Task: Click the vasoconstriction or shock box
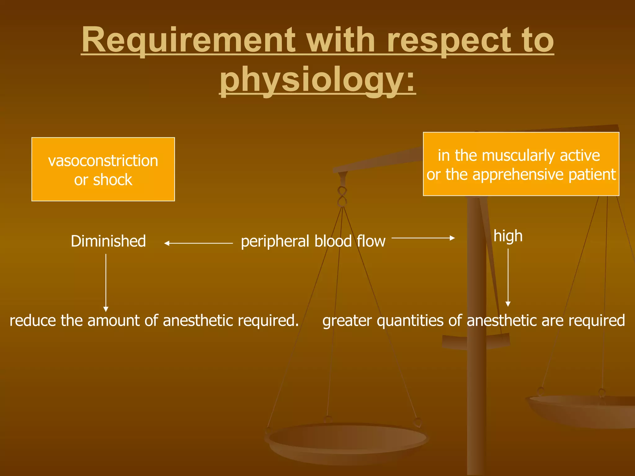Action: point(103,169)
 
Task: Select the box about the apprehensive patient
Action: point(521,164)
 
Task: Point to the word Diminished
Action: point(108,241)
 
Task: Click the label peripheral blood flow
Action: point(313,241)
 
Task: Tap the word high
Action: point(508,236)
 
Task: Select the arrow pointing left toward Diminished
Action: point(198,244)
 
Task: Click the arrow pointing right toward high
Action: point(423,238)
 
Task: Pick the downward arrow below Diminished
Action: point(106,282)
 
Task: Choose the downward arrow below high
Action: point(508,277)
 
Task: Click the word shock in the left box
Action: point(113,180)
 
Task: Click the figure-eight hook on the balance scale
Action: point(342,196)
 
